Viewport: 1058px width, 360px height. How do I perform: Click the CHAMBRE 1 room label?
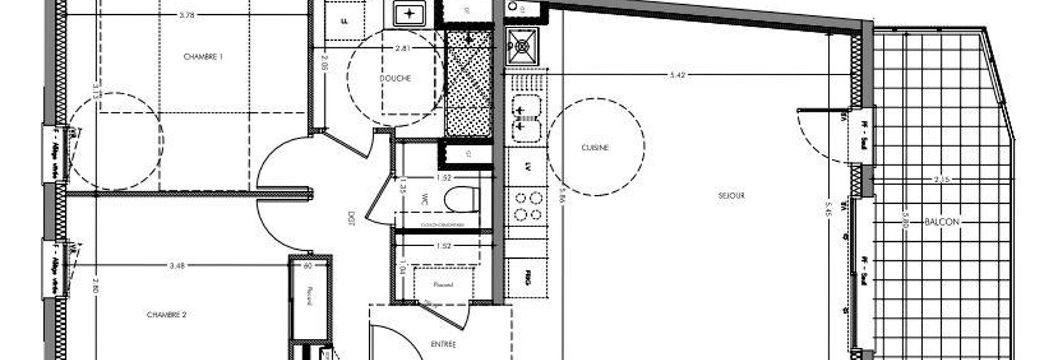pos(203,57)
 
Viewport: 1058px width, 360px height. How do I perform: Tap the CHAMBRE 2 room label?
pos(167,315)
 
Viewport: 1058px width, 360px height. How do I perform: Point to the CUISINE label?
pos(595,148)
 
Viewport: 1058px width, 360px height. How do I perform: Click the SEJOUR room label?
pos(732,195)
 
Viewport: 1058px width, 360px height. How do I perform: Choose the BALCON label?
pos(942,221)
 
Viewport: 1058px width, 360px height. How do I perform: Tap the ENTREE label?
pos(443,345)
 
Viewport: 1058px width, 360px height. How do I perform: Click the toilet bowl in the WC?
pos(461,199)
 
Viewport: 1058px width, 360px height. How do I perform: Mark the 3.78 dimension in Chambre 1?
pos(186,14)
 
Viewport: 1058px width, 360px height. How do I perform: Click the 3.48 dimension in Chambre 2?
pos(178,265)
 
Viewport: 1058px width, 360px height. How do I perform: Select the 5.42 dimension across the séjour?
pos(677,75)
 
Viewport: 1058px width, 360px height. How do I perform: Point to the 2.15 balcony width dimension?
pos(942,179)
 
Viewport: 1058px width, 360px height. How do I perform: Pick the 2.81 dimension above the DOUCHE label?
pos(402,48)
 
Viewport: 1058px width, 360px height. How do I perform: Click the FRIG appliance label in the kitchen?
pos(528,278)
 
